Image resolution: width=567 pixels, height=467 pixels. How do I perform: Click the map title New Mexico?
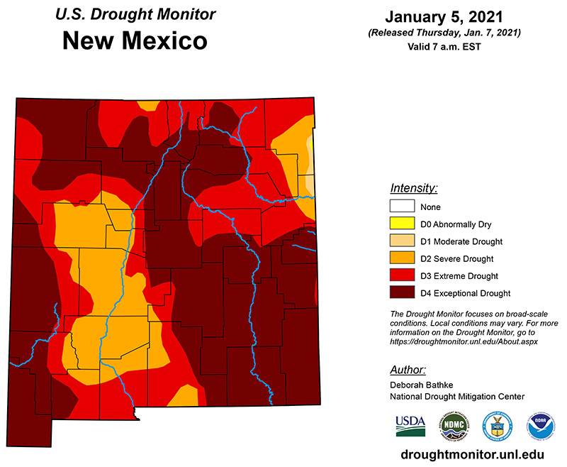135,41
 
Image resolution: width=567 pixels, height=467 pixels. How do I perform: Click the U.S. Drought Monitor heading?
135,14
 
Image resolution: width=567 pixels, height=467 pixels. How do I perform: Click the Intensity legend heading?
414,188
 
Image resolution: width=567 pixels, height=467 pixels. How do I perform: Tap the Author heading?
408,370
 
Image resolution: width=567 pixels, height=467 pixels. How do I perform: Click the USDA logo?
411,426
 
